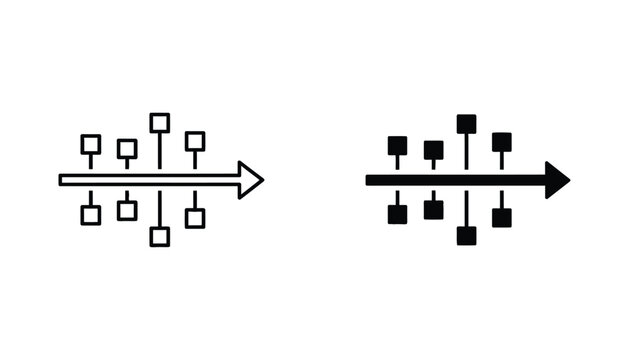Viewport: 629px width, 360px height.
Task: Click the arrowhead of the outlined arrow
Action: [x=251, y=180]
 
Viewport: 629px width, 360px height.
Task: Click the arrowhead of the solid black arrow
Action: [x=557, y=180]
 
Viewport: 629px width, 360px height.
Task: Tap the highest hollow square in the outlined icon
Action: [x=159, y=123]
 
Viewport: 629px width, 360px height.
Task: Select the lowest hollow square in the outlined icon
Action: [x=159, y=237]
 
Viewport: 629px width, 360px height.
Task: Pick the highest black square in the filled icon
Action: [x=466, y=124]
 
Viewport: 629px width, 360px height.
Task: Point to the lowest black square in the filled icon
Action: [x=466, y=236]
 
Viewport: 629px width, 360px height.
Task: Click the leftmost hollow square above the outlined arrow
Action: [x=91, y=144]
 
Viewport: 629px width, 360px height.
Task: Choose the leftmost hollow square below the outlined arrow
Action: [x=91, y=215]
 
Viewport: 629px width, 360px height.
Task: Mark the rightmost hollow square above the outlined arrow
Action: [x=195, y=141]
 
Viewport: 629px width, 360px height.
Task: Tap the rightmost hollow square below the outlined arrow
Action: [x=195, y=218]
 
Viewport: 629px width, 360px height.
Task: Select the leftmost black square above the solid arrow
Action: [x=397, y=145]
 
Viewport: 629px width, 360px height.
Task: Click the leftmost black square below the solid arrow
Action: [x=397, y=214]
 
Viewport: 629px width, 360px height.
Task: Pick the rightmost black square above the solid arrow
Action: [x=502, y=142]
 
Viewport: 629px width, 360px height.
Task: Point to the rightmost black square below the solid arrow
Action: [x=502, y=217]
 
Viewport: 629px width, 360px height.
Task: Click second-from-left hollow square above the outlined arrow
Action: [x=127, y=149]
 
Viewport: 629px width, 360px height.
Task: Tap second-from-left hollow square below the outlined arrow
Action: [x=127, y=210]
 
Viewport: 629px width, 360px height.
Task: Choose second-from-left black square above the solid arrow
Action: [x=433, y=150]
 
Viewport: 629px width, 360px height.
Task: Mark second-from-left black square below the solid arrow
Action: [x=433, y=210]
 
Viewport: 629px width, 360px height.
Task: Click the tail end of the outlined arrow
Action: [x=63, y=180]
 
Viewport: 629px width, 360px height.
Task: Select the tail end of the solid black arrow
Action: [x=370, y=180]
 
